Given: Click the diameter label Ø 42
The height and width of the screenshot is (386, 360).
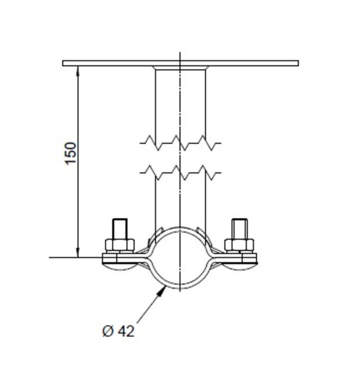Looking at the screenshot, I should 119,331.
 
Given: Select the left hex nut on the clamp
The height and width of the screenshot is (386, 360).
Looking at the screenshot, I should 120,244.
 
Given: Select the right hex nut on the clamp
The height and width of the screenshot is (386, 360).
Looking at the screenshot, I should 239,244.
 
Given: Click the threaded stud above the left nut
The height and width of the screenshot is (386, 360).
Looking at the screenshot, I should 120,228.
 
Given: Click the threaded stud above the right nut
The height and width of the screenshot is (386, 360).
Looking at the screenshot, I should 239,228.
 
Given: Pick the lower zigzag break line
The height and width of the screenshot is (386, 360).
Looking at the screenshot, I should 180,172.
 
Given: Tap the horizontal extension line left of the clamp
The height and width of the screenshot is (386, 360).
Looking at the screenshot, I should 73,257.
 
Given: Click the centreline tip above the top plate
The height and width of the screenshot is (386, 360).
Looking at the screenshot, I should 180,55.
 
